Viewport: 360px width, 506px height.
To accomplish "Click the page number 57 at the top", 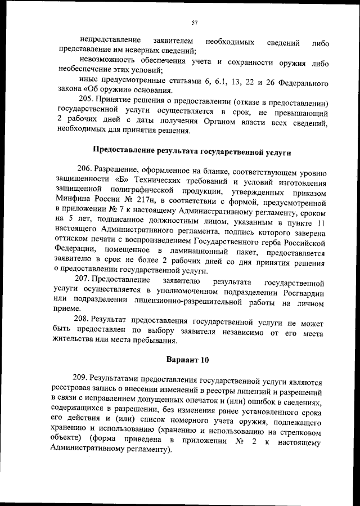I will [194, 23].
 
